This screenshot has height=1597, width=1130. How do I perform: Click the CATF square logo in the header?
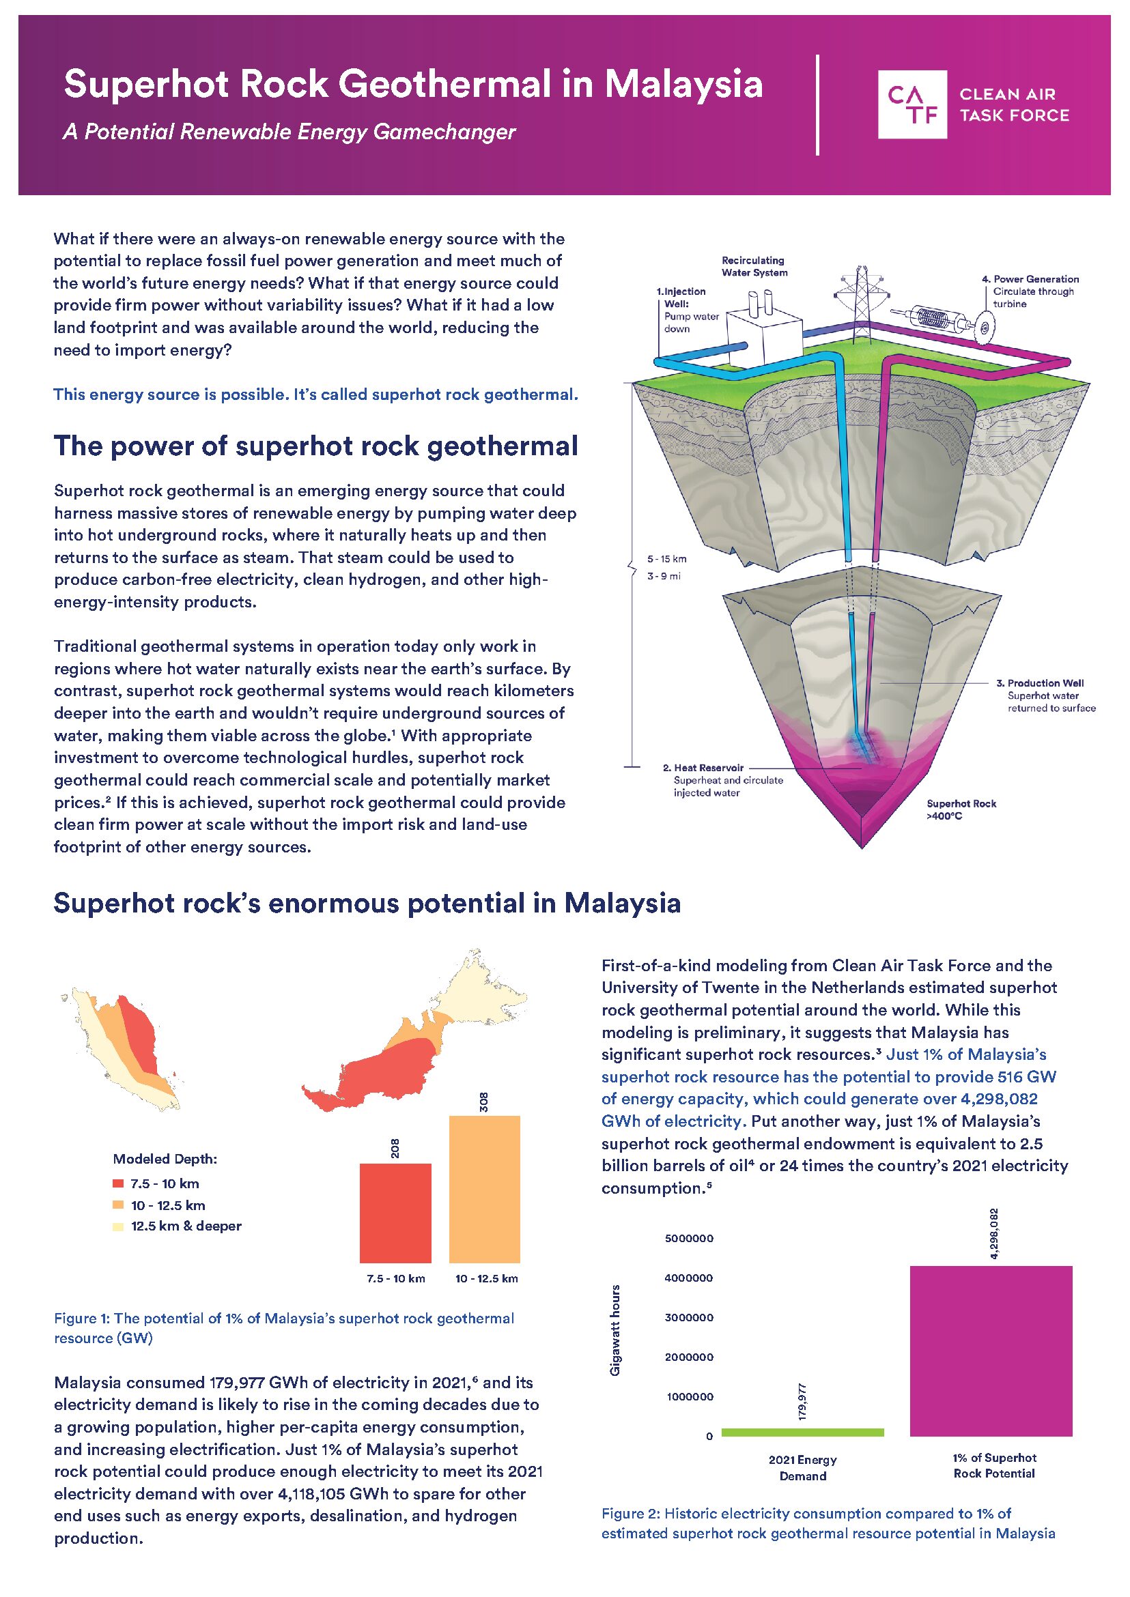(912, 104)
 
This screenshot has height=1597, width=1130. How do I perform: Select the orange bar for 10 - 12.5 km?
(484, 1189)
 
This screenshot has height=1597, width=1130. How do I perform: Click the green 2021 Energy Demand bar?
(802, 1432)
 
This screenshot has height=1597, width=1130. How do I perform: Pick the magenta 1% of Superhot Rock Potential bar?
(991, 1351)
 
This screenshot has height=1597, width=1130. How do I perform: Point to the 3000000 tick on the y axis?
(689, 1317)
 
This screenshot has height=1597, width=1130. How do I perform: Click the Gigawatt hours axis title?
(615, 1330)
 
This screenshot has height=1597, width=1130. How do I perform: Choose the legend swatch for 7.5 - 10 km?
(118, 1183)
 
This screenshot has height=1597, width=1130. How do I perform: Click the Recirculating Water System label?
(754, 266)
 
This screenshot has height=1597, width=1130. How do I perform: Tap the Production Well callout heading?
(1045, 683)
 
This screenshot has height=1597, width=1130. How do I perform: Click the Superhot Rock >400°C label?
(961, 809)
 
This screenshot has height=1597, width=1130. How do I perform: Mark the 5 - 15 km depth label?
(666, 558)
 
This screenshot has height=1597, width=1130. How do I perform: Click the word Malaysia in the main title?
(683, 84)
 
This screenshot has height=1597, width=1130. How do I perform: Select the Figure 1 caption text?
(284, 1327)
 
